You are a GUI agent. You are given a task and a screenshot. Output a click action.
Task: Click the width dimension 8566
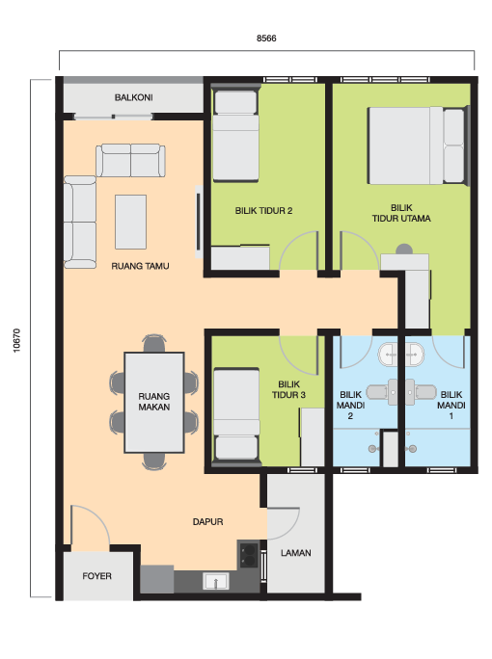click(266, 39)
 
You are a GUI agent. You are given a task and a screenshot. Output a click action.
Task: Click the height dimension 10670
click(16, 340)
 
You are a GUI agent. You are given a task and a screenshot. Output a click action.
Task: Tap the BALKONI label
click(134, 97)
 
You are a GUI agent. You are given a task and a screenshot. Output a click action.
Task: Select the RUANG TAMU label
click(140, 266)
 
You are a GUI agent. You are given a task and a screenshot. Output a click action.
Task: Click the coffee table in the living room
click(131, 222)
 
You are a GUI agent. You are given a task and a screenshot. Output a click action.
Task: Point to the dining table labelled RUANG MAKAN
click(154, 402)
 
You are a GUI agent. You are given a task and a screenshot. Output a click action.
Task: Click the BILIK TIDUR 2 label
click(264, 211)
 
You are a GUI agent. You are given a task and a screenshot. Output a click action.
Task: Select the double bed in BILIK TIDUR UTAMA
click(418, 145)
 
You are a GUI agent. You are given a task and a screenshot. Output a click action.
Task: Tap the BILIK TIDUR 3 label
click(288, 389)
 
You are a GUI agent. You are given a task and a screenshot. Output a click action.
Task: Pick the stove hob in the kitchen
click(248, 554)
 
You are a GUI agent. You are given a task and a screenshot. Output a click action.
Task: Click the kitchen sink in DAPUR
click(216, 581)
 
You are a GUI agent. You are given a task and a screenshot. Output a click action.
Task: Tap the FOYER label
click(96, 576)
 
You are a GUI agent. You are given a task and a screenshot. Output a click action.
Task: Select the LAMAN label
click(296, 553)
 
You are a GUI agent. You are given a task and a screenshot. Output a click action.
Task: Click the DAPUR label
click(208, 522)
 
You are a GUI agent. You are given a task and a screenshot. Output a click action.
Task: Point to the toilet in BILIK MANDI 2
click(382, 392)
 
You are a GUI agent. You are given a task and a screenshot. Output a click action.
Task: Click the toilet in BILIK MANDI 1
click(422, 392)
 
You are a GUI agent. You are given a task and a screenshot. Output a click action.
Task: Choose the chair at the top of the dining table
click(154, 343)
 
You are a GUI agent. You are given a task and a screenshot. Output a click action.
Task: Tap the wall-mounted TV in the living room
click(199, 222)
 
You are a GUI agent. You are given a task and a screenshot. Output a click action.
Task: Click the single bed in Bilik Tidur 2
click(235, 135)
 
